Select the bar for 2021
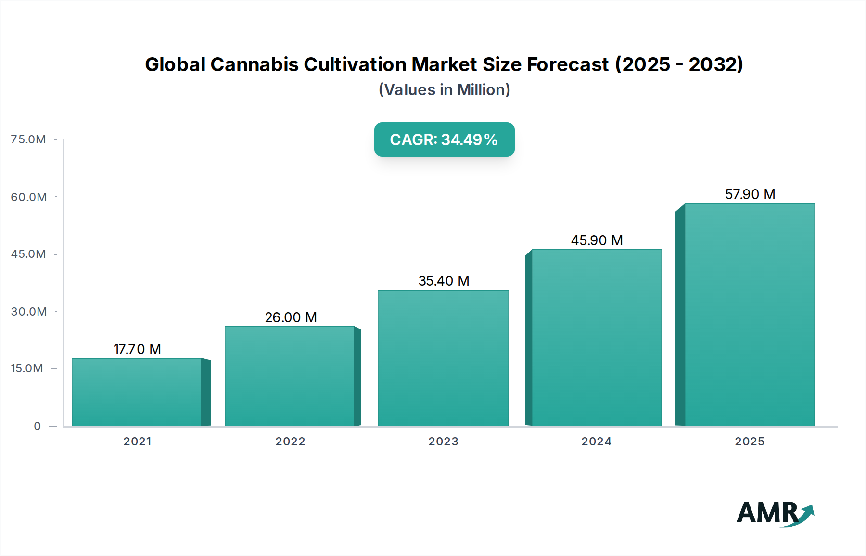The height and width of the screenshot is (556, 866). click(137, 392)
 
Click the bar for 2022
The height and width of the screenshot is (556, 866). click(290, 376)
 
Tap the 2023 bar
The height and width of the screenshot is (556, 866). click(443, 358)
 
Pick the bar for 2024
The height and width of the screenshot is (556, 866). click(597, 338)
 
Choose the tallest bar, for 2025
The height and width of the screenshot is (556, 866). click(750, 315)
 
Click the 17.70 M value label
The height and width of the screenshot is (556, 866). click(137, 349)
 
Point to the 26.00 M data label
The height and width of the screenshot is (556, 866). click(291, 317)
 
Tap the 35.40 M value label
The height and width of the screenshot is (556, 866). click(444, 281)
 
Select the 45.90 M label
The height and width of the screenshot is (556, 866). click(597, 240)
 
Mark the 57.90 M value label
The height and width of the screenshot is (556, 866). click(750, 194)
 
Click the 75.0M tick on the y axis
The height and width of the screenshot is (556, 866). click(28, 139)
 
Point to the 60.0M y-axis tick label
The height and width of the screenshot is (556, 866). click(28, 197)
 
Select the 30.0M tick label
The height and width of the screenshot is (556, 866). click(28, 312)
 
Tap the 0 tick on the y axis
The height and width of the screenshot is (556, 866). click(37, 426)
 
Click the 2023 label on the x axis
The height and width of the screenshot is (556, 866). click(443, 442)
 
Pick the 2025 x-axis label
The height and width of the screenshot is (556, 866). click(750, 442)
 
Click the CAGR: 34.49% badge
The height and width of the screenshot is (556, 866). click(444, 139)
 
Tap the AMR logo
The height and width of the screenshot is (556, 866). click(775, 513)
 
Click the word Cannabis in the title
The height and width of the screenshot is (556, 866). click(255, 64)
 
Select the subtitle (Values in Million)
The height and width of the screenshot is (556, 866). click(444, 90)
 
